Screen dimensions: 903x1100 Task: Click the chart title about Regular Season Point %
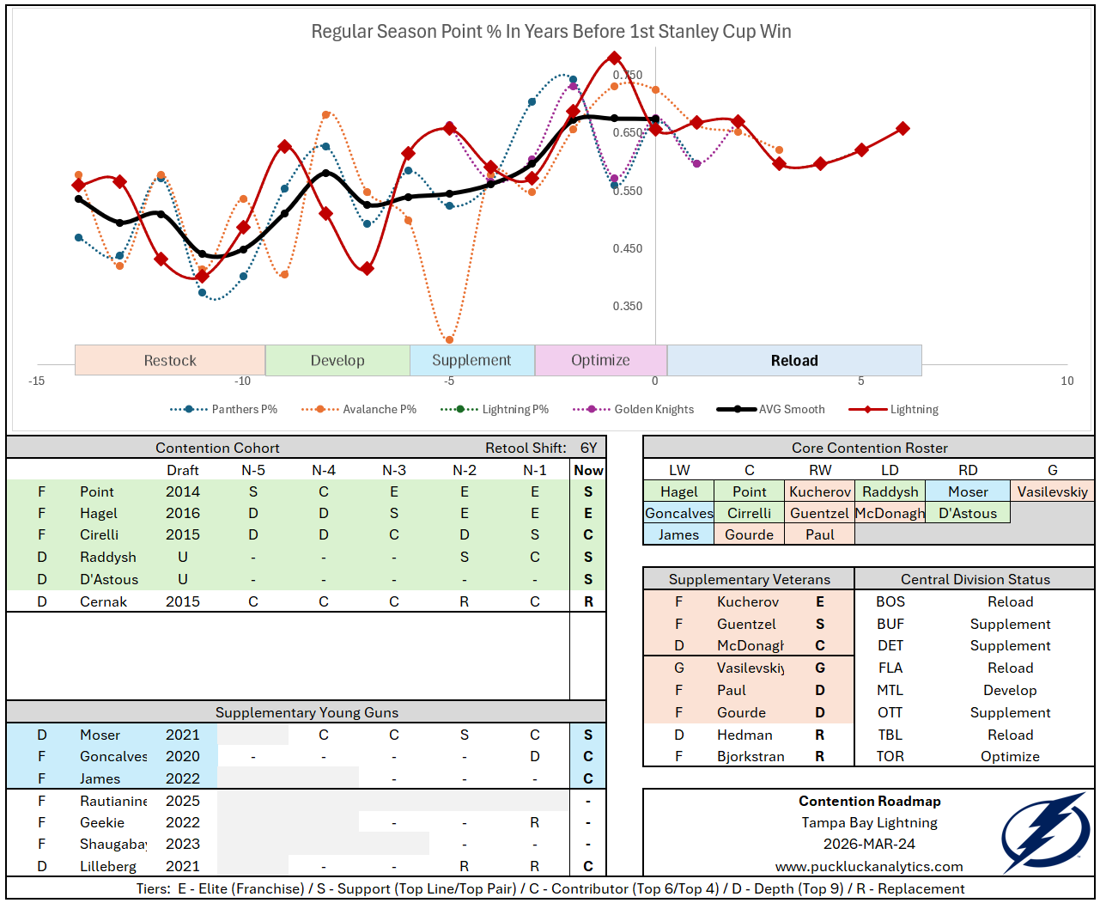(550, 32)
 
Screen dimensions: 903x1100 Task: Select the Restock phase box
(170, 361)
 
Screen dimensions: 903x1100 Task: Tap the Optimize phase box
(600, 361)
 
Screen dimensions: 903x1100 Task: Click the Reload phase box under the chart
(794, 361)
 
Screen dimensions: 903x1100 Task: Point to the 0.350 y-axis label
(628, 307)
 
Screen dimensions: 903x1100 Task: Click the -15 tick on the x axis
(36, 381)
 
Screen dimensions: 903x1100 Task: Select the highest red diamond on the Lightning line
(614, 58)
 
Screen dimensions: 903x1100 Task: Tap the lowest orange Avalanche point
(449, 339)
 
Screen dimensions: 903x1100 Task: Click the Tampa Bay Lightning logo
(1044, 833)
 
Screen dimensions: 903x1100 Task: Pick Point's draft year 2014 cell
(183, 492)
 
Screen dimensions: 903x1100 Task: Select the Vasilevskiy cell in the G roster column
(1052, 492)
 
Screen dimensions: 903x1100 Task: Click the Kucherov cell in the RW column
(820, 492)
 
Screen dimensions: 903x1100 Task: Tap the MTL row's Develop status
(1010, 691)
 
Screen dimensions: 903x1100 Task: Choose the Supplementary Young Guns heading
(307, 713)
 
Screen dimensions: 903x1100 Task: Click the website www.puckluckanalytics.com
(869, 867)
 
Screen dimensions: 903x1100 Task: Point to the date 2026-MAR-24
(869, 845)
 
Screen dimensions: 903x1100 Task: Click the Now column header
(588, 471)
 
